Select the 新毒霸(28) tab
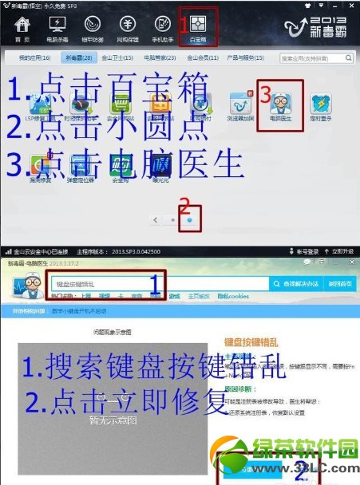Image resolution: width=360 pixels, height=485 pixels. (x=79, y=58)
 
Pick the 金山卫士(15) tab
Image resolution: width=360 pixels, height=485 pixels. (x=122, y=58)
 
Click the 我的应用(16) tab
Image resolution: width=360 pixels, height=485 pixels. (x=35, y=58)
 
